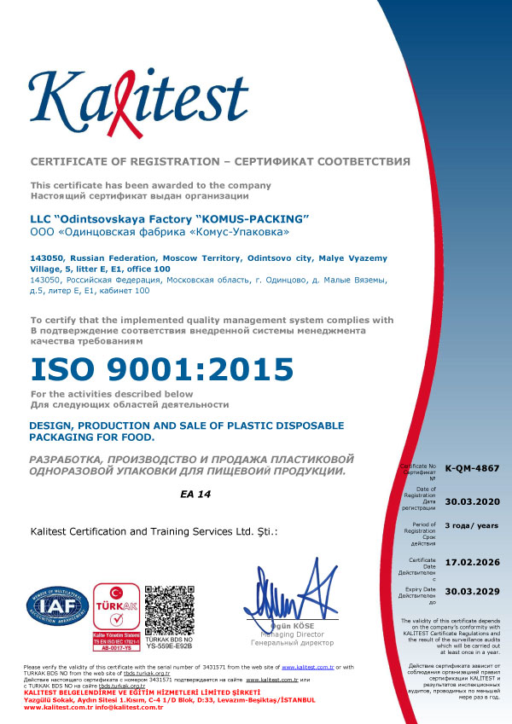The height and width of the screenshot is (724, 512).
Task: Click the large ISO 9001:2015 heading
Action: point(162,369)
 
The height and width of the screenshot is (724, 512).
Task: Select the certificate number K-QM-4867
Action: point(466,468)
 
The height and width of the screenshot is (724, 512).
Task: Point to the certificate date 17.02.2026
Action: point(467,564)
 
